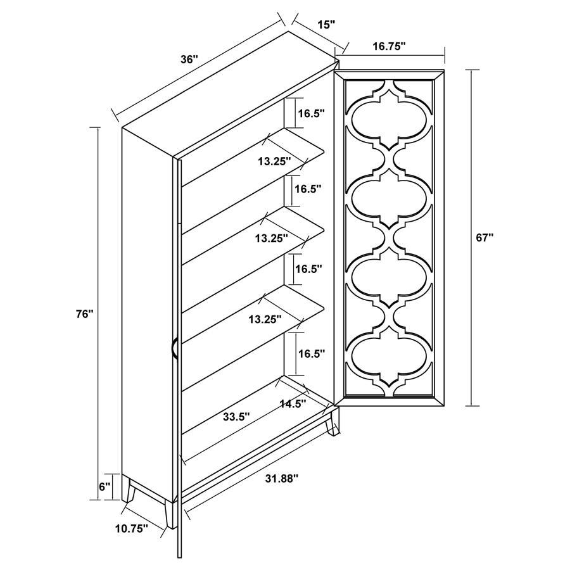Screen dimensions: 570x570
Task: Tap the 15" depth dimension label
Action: coord(326,25)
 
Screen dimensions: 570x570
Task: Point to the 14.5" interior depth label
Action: coord(293,403)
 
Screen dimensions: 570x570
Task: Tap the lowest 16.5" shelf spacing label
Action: coord(311,354)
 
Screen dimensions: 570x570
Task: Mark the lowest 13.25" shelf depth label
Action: coord(265,319)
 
